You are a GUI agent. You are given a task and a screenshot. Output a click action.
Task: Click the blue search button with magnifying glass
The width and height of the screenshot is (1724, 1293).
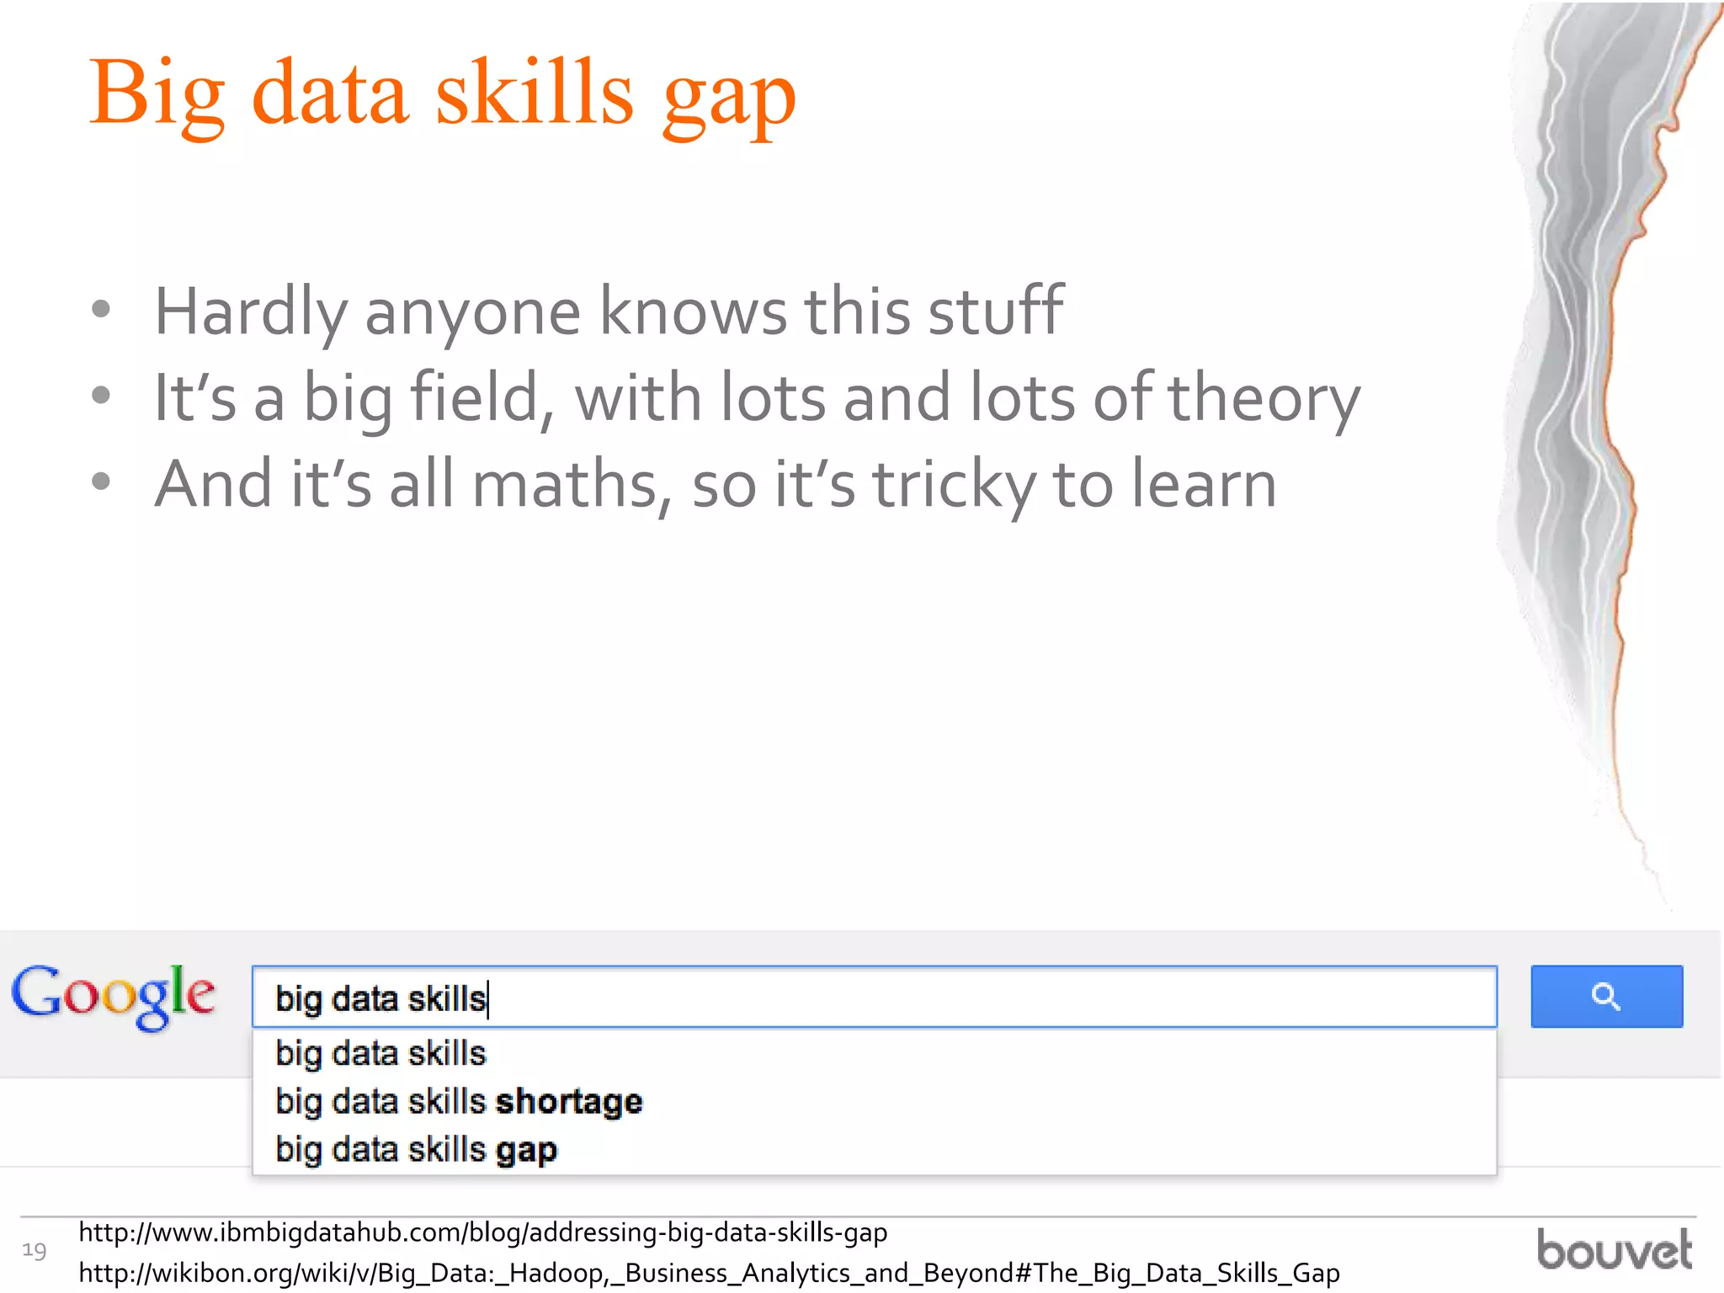(1606, 996)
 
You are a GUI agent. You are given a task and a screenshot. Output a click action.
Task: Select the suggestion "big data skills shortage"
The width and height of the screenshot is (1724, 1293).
(459, 1102)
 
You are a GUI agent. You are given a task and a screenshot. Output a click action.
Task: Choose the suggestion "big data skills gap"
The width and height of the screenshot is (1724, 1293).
(416, 1150)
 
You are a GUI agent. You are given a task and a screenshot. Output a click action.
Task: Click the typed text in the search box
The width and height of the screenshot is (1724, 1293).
(380, 999)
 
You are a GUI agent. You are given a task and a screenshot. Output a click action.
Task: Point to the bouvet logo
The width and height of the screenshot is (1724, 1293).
(1614, 1249)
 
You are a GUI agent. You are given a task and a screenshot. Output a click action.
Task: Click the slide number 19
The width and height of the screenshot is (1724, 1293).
(34, 1251)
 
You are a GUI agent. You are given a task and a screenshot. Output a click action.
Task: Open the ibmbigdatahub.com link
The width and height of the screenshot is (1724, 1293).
(482, 1233)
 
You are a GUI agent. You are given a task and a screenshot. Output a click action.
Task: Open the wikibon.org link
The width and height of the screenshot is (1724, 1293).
(709, 1273)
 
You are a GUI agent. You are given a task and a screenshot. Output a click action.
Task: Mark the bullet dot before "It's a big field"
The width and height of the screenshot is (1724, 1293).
(101, 396)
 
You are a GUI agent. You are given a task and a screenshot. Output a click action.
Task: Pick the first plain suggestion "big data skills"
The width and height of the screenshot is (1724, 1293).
(380, 1054)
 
